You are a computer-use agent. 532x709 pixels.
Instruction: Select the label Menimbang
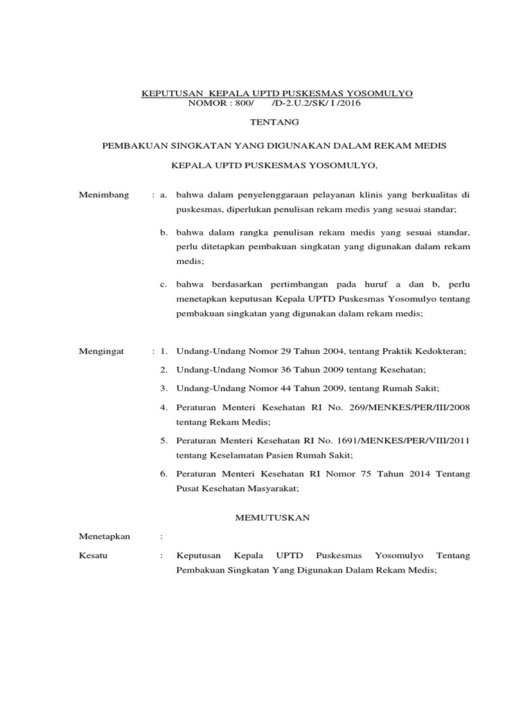click(x=105, y=196)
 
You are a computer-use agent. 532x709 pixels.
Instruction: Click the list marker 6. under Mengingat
click(x=163, y=474)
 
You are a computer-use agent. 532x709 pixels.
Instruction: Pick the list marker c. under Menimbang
click(x=163, y=284)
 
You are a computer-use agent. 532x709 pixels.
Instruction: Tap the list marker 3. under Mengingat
click(x=163, y=387)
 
